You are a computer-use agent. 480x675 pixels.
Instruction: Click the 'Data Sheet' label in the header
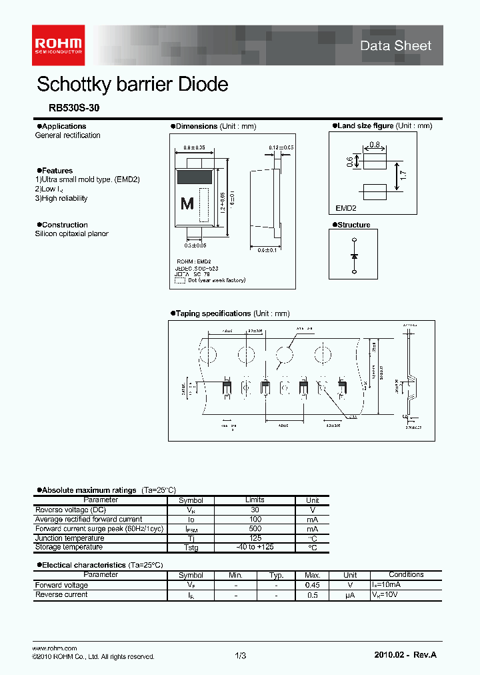pos(395,45)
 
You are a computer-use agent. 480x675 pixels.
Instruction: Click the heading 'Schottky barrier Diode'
pos(132,85)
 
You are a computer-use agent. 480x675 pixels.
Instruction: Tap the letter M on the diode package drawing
pos(187,204)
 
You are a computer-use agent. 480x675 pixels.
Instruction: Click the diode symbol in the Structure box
pos(354,256)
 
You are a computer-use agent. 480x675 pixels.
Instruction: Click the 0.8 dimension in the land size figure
pos(374,145)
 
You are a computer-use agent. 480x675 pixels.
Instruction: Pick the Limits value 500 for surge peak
pos(255,529)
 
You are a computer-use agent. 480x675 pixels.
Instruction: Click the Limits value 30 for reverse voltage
pos(255,510)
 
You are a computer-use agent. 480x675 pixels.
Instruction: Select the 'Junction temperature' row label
pos(69,538)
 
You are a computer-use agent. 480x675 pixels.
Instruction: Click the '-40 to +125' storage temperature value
pos(255,547)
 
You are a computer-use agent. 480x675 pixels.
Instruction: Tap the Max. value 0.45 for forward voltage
pos(312,585)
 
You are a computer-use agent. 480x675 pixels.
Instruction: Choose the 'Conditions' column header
pos(406,574)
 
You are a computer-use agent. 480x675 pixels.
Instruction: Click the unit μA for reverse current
pos(350,594)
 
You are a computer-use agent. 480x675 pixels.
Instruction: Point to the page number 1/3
pos(241,656)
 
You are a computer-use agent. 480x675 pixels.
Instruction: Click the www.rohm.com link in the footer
pos(55,648)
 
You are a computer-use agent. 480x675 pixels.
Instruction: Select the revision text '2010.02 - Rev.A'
pos(406,656)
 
